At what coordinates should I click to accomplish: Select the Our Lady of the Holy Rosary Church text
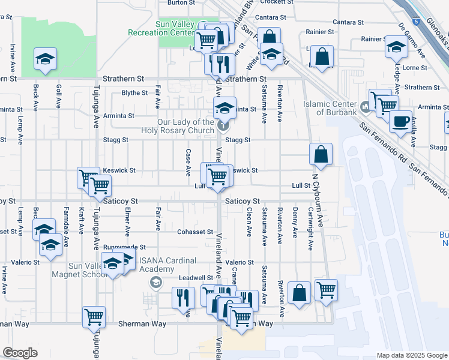coord(177,126)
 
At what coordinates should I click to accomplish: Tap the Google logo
coord(20,353)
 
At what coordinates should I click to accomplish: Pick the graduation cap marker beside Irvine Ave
coord(45,59)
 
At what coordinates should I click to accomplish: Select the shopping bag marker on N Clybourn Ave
coord(321,154)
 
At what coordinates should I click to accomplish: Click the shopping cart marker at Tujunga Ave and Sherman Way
coord(94,317)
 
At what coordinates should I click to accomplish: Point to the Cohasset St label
coord(195,232)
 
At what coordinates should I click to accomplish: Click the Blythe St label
coord(134,93)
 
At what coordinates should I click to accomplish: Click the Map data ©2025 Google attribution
coord(411,355)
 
